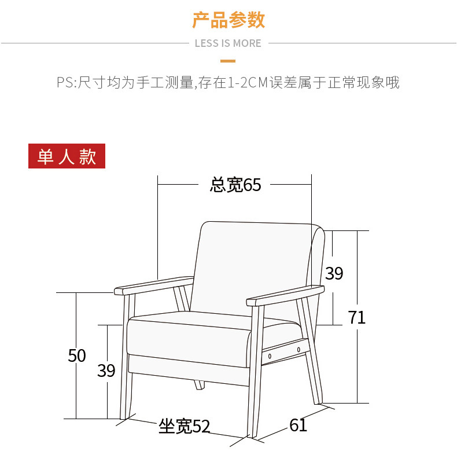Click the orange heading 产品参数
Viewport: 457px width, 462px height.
(x=228, y=20)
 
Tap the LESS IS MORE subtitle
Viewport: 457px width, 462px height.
(x=228, y=43)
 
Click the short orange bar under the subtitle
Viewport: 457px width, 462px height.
(x=228, y=60)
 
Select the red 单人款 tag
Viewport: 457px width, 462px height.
(x=67, y=156)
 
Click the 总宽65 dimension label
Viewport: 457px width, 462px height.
(x=235, y=185)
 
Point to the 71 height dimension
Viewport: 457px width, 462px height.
(x=357, y=317)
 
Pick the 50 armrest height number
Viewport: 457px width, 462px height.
(x=77, y=355)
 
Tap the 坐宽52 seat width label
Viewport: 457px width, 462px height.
(x=184, y=427)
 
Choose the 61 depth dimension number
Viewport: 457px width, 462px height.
(x=298, y=426)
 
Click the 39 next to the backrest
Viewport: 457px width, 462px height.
(x=334, y=273)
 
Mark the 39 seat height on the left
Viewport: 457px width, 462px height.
(x=106, y=371)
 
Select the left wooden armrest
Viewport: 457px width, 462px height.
(x=153, y=285)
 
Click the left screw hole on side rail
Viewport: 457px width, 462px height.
(x=270, y=355)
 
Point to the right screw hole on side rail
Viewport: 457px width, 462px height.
(x=298, y=349)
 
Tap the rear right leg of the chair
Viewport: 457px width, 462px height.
(x=311, y=365)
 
